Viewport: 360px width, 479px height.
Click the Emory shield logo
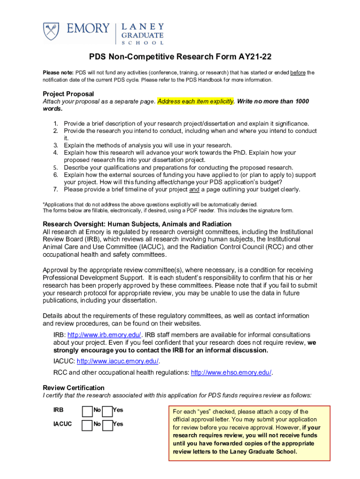53,31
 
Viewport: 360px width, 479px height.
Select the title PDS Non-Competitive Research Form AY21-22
180,57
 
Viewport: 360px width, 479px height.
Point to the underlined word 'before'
298,73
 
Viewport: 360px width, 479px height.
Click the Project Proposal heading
68,94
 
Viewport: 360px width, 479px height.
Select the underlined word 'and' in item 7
194,189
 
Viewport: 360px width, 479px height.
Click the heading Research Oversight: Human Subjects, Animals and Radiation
137,224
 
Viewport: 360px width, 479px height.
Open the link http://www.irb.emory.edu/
104,335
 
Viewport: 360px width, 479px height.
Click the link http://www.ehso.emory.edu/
231,372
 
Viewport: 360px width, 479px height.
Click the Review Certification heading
73,388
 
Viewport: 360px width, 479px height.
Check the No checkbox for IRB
87,411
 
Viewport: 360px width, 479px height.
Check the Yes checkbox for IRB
108,411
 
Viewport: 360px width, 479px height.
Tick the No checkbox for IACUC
87,425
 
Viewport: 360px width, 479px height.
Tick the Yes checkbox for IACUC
108,425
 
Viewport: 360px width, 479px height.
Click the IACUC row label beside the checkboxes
63,424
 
